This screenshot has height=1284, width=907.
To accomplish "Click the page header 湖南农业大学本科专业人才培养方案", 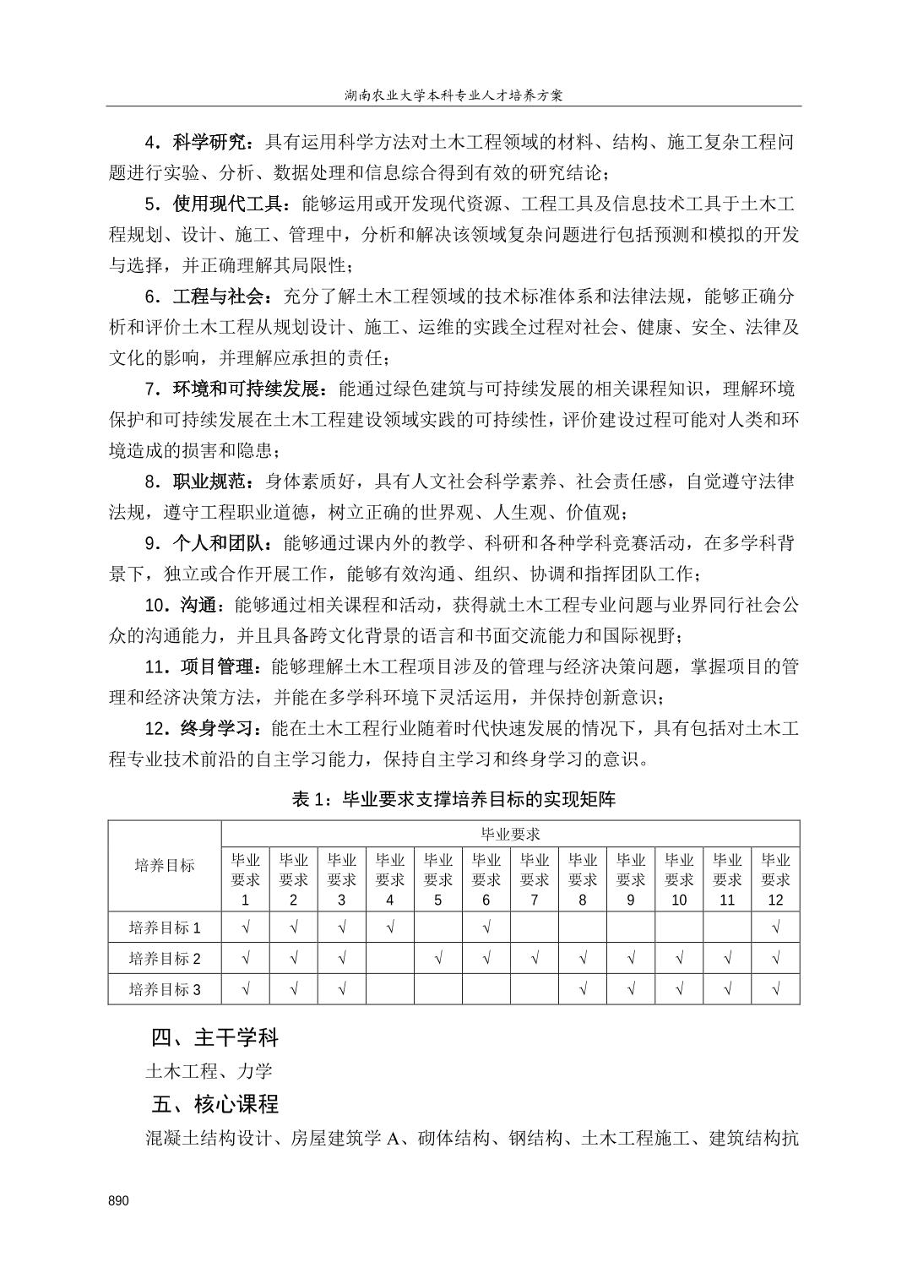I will click(x=453, y=95).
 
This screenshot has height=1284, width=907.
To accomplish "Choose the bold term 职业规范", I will click(x=209, y=481).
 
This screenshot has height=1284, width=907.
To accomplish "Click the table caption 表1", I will click(x=453, y=799).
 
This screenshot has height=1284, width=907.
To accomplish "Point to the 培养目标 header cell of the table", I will click(x=165, y=865).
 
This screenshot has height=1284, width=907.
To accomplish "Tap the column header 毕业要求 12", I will click(x=775, y=879).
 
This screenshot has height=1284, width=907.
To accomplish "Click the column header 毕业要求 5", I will click(x=438, y=879).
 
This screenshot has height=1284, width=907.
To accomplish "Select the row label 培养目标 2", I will click(x=165, y=959).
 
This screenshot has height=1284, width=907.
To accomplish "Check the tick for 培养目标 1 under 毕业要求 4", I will click(x=390, y=928).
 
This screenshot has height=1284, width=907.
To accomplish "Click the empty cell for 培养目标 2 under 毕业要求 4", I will click(x=390, y=959).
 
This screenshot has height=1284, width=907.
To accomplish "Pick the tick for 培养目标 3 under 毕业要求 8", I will click(x=583, y=989).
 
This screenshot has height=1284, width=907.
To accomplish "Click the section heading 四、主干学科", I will click(x=215, y=1036).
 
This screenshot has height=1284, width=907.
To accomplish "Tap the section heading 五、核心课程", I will click(x=215, y=1104).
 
